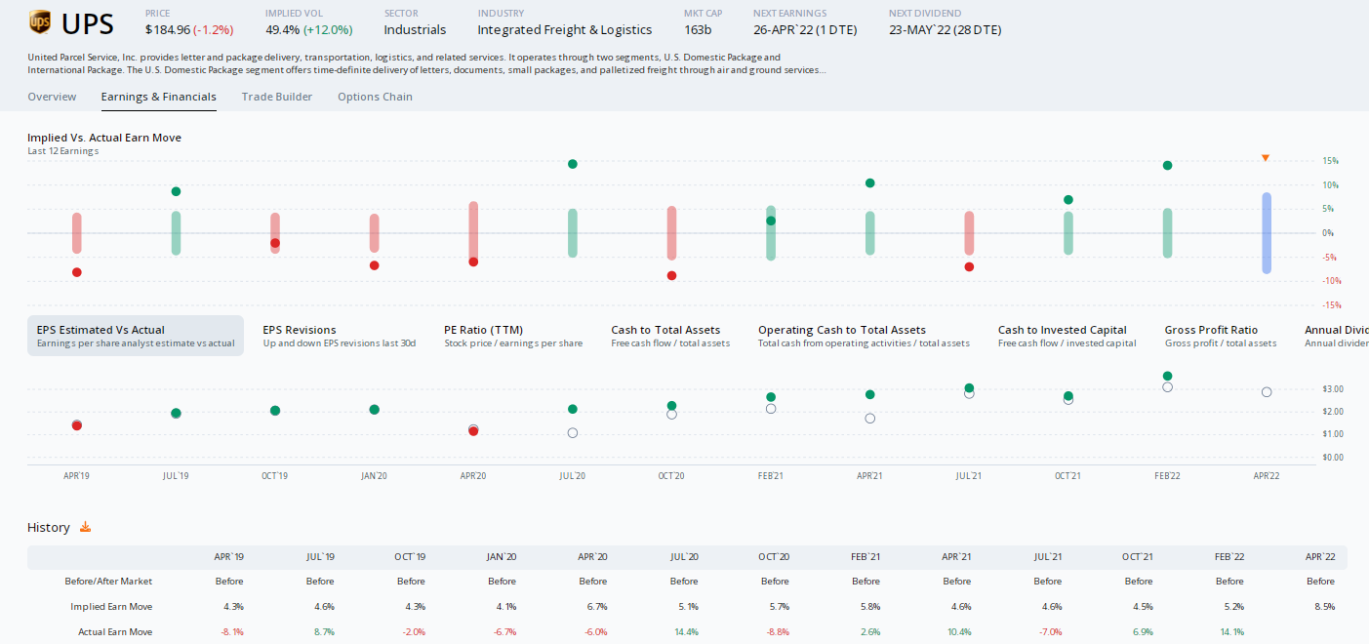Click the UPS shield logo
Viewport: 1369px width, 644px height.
[x=40, y=21]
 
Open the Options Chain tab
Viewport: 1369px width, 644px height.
[x=375, y=97]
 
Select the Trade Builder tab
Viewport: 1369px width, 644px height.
[x=277, y=97]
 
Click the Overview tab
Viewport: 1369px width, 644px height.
[x=52, y=97]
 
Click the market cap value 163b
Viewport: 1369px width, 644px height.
[x=698, y=29]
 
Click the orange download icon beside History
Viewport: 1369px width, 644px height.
[x=85, y=527]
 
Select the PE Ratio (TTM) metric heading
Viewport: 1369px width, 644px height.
[x=483, y=330]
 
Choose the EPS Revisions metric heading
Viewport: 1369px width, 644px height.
[x=299, y=330]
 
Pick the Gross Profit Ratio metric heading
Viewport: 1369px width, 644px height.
[x=1211, y=330]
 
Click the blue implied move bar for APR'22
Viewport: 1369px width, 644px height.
[x=1266, y=233]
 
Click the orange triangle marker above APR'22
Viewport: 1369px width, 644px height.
[x=1266, y=158]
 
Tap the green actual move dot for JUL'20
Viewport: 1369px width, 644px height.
[x=573, y=164]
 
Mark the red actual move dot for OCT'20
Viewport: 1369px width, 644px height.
[x=671, y=276]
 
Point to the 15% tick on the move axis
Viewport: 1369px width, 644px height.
[x=1303, y=161]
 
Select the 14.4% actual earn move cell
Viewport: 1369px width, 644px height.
[x=683, y=632]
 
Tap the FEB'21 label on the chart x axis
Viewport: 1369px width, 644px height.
[x=770, y=476]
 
